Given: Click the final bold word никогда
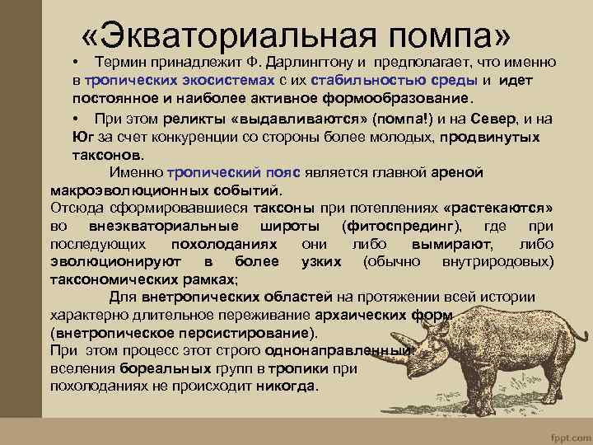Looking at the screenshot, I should coord(285,386).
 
